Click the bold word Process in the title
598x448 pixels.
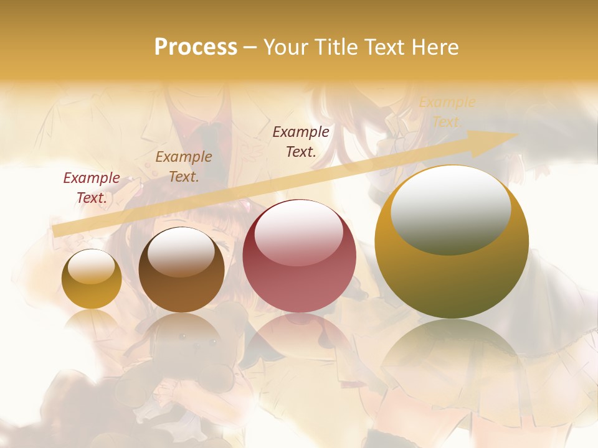(196, 47)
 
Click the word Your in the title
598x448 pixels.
(287, 47)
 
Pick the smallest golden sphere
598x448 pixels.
(92, 279)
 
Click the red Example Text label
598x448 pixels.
(92, 188)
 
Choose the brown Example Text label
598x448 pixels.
(184, 167)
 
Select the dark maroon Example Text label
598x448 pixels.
(301, 141)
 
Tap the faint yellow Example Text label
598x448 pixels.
(447, 112)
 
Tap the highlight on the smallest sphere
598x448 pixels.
(91, 266)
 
